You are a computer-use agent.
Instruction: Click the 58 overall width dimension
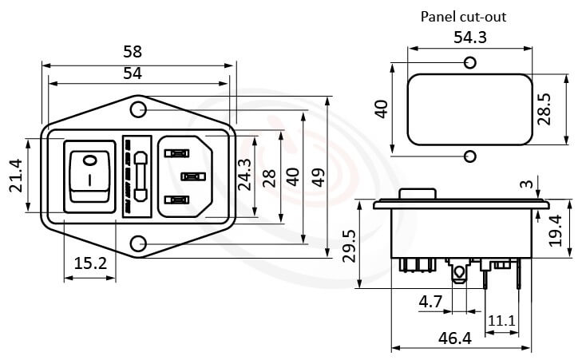133,52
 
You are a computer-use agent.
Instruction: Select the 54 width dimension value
133,73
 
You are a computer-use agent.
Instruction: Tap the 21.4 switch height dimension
16,175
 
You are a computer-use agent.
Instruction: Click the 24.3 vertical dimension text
245,175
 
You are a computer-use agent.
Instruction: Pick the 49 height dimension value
319,176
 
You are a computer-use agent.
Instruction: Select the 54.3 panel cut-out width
469,38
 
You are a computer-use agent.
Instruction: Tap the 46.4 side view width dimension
455,338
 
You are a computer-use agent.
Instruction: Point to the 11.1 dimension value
501,320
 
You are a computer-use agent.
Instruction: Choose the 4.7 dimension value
430,302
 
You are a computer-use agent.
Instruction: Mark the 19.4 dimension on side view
556,231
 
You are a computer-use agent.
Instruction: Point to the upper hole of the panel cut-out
470,62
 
